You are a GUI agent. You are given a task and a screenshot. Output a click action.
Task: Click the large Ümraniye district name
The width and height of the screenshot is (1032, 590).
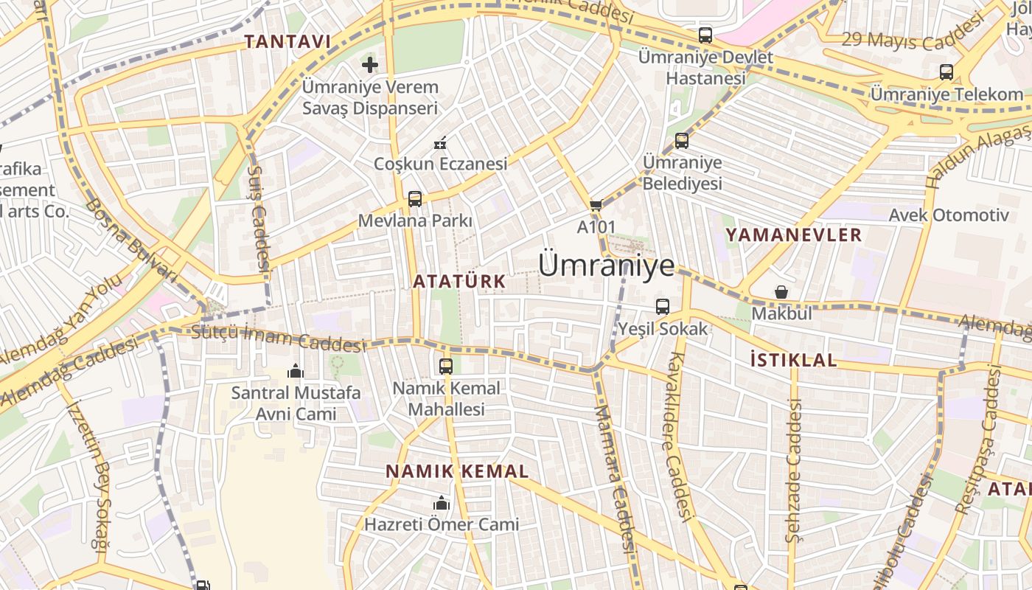point(606,265)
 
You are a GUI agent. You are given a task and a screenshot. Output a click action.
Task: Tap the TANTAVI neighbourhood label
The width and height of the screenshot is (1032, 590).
point(287,42)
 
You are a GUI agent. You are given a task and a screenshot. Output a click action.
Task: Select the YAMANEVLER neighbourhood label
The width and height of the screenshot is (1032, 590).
point(793,235)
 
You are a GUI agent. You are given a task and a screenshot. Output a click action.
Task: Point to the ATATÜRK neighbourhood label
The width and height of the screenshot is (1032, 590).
point(459,281)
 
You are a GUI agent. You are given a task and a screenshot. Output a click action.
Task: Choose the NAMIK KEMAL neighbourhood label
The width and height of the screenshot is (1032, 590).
point(457,471)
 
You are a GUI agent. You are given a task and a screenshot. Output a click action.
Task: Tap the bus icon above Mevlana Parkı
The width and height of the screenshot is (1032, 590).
point(415,198)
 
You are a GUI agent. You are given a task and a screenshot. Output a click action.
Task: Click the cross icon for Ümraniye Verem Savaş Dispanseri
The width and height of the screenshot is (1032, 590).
point(370,65)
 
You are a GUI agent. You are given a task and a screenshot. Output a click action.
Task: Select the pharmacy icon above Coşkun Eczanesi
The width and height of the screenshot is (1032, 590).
point(441,142)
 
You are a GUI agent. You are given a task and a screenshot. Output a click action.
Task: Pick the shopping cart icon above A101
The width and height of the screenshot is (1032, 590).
point(596,205)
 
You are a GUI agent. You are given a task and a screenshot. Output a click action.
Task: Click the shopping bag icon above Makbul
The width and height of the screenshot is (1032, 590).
point(781,292)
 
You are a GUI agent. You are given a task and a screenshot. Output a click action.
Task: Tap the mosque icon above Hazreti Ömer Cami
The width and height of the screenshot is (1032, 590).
point(442,503)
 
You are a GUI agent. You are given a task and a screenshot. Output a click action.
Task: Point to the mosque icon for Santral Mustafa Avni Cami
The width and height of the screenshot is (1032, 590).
point(296,370)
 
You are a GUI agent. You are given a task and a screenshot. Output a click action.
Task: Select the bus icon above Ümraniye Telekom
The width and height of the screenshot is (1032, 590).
point(946,72)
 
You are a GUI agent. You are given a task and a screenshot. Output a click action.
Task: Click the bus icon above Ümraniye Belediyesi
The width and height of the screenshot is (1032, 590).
point(682,140)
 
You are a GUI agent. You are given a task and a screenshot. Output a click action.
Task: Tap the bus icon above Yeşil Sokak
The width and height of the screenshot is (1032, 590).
point(663,307)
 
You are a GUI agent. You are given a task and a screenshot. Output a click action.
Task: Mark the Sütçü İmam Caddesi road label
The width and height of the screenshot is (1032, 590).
point(278,339)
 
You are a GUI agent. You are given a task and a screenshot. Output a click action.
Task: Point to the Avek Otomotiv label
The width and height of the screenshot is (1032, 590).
point(948,215)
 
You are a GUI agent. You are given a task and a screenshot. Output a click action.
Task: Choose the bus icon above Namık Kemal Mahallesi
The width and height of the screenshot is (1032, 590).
point(446,366)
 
